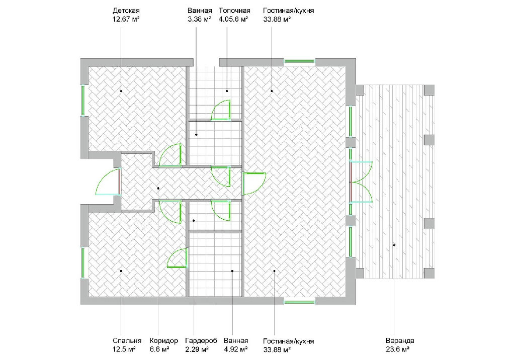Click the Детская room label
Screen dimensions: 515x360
126,11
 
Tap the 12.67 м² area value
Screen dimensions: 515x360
126,19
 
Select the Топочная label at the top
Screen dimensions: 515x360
234,11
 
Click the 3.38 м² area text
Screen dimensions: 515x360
199,19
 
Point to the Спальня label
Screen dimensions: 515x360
127,340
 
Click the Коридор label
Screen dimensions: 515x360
163,340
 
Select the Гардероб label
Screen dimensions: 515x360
201,340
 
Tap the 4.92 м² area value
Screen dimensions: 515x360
235,349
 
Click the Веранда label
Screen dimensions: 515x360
400,340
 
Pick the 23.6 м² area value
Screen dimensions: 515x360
397,349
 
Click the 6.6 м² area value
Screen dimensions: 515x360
159,349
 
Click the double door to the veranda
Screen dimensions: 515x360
361,182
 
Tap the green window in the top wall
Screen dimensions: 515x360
299,61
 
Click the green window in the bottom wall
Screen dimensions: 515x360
299,302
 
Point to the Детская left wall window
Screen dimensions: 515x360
83,101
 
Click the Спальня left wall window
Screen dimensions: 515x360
83,263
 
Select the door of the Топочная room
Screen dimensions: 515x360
221,110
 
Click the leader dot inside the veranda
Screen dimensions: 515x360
394,245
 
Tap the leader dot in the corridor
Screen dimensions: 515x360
158,188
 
